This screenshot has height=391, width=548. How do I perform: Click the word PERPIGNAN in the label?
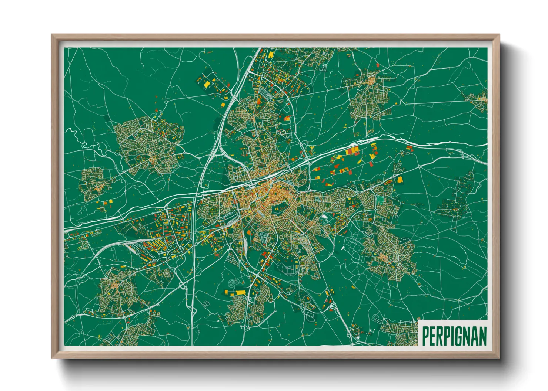pyautogui.click(x=454, y=336)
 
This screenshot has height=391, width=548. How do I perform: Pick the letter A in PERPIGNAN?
pyautogui.click(x=476, y=336)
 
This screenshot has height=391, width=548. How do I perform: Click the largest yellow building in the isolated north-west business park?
pyautogui.click(x=207, y=84)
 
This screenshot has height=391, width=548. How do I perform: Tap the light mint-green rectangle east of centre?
pyautogui.click(x=380, y=200)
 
